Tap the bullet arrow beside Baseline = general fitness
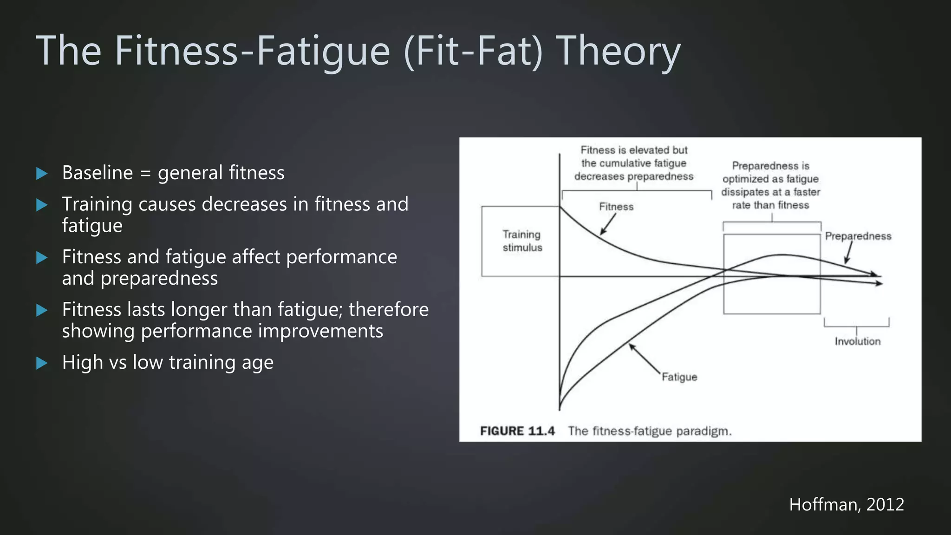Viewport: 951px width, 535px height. point(42,174)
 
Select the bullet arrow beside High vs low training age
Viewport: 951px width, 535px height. point(42,363)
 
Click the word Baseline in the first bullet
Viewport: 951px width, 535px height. point(98,173)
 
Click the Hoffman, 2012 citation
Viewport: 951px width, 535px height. point(846,504)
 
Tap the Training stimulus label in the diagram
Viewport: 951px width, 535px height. point(522,241)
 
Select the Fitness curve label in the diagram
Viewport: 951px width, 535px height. point(616,207)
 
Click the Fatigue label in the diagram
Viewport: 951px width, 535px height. point(679,377)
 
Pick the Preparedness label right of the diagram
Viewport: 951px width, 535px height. point(858,236)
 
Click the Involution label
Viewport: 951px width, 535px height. point(857,341)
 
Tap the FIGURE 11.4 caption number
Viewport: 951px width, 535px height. point(517,431)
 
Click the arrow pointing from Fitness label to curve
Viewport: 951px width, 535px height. point(607,224)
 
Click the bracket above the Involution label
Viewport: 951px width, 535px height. point(857,324)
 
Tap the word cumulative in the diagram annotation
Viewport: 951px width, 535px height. point(633,163)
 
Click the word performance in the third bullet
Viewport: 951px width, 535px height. point(341,257)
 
